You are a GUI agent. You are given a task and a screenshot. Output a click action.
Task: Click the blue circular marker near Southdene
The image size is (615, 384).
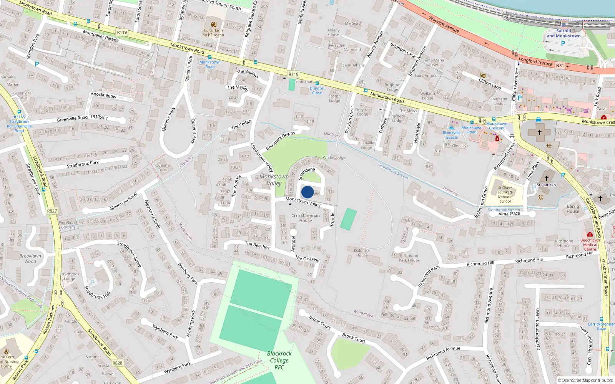(307, 192)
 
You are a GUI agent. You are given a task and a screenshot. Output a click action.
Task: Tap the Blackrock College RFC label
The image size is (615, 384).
(279, 360)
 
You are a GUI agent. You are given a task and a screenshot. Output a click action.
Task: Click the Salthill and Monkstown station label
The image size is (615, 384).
(563, 33)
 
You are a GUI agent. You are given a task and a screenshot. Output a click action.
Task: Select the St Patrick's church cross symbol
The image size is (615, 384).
(546, 179)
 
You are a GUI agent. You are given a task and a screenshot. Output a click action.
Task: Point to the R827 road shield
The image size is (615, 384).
(52, 211)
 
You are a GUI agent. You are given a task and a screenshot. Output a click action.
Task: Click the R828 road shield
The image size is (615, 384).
(117, 363)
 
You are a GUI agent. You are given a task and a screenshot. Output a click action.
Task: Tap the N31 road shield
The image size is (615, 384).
(560, 66)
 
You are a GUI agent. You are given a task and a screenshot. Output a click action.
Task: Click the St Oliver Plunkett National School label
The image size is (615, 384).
(505, 194)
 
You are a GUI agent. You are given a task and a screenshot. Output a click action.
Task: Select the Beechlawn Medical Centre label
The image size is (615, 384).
(590, 245)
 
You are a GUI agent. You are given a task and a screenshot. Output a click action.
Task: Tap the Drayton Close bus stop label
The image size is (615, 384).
(317, 91)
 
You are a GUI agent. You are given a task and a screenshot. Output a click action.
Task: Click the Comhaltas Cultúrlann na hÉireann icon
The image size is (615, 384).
(214, 24)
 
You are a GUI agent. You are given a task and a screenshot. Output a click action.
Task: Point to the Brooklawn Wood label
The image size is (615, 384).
(30, 258)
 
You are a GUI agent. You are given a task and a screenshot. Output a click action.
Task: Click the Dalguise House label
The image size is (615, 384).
(362, 253)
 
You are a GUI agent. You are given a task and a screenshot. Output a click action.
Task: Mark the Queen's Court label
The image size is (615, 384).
(163, 167)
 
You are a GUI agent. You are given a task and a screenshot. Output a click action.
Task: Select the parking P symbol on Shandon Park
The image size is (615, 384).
(37, 64)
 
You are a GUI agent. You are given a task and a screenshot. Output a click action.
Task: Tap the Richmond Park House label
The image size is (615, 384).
(409, 258)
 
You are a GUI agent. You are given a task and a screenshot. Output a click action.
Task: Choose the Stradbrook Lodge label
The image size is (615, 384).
(70, 276)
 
